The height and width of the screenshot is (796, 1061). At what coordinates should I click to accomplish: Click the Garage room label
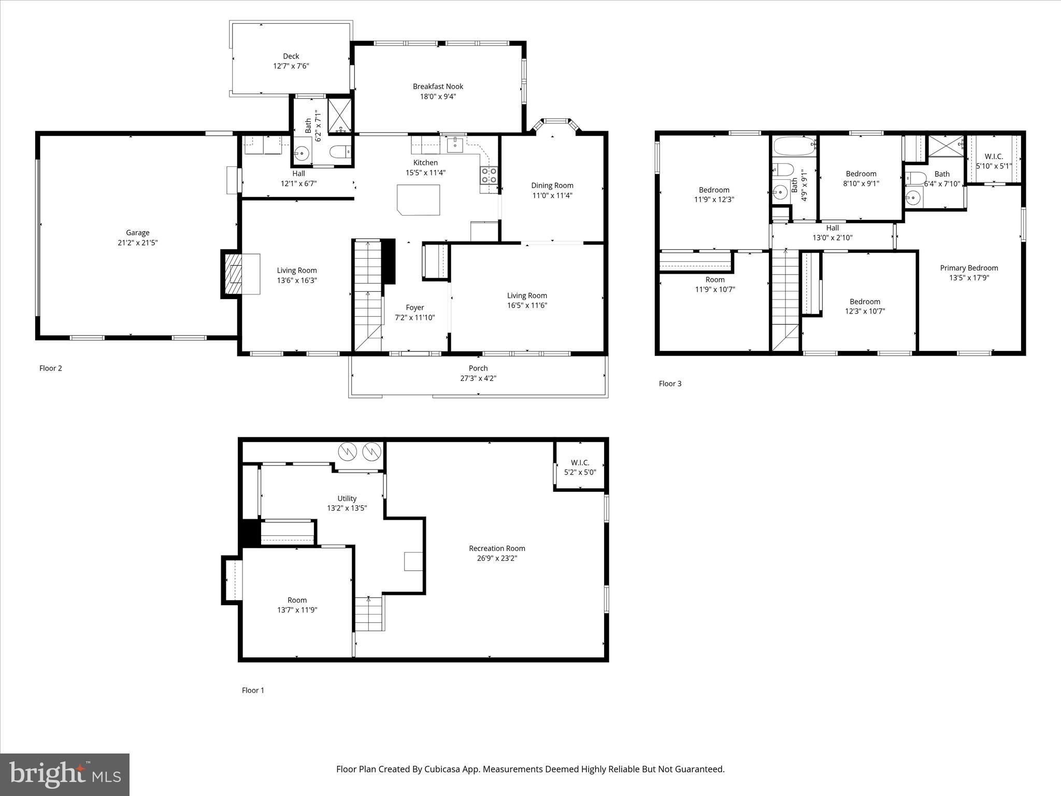coord(137,233)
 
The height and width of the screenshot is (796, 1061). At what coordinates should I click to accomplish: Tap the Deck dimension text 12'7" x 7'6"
coord(291,66)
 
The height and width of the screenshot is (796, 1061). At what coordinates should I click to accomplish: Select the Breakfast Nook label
coord(438,87)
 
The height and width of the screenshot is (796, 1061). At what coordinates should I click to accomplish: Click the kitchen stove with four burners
coord(489,175)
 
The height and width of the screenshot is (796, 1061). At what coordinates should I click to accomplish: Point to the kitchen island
coord(419,200)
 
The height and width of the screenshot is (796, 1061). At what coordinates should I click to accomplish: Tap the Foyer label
coord(414,307)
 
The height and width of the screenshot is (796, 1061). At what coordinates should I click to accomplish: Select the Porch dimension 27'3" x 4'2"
coord(478,378)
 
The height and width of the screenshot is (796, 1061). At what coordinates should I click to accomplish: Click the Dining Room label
coord(552,185)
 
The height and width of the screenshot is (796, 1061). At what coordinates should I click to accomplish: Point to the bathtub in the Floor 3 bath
coord(793,146)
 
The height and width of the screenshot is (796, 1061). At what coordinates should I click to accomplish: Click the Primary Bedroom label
coord(969,268)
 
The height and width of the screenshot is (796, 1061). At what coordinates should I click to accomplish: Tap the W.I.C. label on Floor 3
coord(994,156)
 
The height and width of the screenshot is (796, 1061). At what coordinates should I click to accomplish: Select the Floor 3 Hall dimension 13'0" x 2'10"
coord(832,238)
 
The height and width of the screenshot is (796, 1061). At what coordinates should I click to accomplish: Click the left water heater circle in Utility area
coord(347,452)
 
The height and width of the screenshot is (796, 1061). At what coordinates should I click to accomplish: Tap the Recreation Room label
coord(497,548)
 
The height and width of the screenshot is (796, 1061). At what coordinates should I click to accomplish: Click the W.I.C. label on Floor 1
coord(580,462)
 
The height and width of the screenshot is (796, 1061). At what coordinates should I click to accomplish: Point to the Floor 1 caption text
coord(253,690)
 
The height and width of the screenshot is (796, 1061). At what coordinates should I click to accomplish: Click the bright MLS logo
coord(65,774)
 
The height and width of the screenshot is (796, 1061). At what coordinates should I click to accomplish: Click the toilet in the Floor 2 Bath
coord(340,152)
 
